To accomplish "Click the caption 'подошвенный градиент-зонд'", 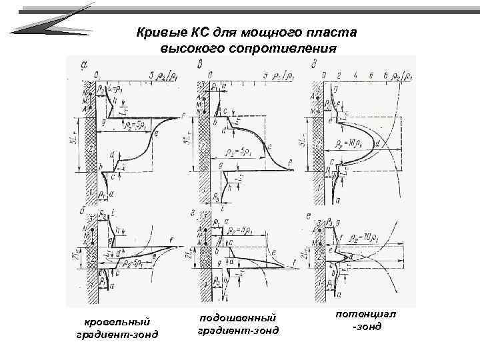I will point(237,324).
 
